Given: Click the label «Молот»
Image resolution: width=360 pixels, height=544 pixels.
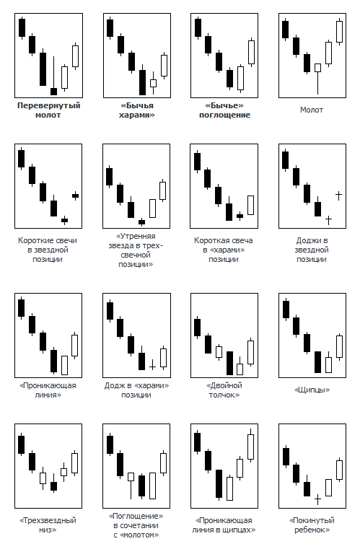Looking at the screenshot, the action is point(312,110).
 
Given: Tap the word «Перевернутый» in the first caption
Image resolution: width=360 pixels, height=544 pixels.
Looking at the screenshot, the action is point(49,105).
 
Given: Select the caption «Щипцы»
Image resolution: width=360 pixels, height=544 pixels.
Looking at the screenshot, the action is point(312,390).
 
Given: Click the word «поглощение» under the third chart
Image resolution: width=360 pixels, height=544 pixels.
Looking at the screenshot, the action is point(224,115).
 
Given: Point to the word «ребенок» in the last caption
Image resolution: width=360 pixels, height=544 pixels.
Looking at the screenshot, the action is point(312,530).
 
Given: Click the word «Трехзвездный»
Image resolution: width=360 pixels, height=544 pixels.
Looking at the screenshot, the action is point(48,520).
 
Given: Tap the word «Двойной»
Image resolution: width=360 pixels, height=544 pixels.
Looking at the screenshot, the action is point(224,385).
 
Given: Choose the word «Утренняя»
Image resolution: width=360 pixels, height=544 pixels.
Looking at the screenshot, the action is point(136,236).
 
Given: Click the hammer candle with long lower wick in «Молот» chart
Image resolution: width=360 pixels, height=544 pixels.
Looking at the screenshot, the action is point(317,79).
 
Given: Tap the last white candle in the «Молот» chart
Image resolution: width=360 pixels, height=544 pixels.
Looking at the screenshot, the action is point(340,32).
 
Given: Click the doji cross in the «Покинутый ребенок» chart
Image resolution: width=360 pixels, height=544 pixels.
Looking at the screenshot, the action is point(317,499).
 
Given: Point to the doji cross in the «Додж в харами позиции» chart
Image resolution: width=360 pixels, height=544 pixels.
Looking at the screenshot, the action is point(152,365).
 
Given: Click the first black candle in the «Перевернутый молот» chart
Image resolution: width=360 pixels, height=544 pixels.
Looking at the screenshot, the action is point(22,27).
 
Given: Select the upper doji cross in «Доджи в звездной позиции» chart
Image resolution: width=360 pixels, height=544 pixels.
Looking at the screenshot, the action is point(339,196).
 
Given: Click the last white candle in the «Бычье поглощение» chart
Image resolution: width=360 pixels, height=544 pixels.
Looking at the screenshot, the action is point(252,52).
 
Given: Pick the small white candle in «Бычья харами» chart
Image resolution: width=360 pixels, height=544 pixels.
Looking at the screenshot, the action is point(153,83).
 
